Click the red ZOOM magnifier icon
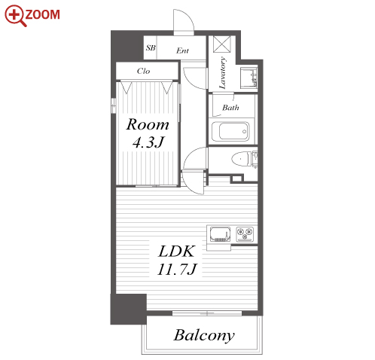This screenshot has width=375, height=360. tap(15, 16)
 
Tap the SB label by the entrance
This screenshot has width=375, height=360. tap(151, 47)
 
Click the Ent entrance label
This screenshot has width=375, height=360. tap(182, 50)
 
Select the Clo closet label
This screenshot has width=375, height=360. tap(144, 71)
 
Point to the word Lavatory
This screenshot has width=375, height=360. tap(222, 73)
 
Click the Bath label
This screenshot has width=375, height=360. tap(230, 108)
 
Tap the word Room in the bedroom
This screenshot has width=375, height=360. tap(148, 124)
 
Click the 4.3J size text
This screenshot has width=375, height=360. tap(148, 142)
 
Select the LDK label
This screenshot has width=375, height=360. tap(176, 252)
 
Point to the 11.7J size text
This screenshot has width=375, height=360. tap(177, 269)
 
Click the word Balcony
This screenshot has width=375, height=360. tap(204, 335)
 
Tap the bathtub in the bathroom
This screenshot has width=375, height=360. tap(230, 132)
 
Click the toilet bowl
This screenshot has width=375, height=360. tap(241, 159)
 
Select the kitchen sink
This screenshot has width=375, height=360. tap(220, 234)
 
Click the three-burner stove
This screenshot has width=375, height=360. tap(245, 234)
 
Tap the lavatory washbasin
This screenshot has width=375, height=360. tap(248, 78)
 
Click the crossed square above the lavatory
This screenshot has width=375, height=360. tap(222, 44)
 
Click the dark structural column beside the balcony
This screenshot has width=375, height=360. tap(128, 309)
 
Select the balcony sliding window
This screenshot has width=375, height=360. tap(207, 313)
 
